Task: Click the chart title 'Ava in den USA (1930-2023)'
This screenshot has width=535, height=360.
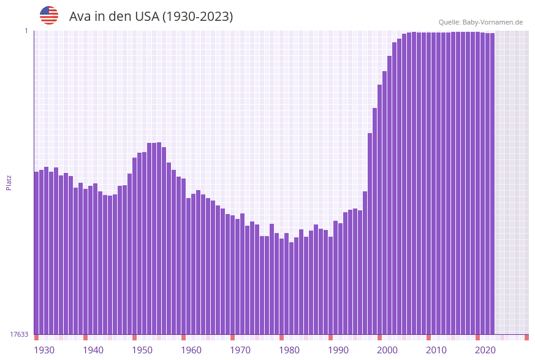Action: (x=151, y=17)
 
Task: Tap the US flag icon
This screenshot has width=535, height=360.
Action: (x=49, y=15)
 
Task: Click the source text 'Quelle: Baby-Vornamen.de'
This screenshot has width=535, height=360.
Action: (x=480, y=22)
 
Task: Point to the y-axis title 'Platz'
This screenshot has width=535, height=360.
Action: (x=9, y=182)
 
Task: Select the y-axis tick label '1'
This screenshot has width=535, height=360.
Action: (x=26, y=31)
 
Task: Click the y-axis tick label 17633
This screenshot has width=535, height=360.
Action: (x=19, y=334)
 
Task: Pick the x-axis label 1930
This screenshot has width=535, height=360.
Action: (x=44, y=350)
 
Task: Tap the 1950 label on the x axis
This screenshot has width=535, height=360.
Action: (x=142, y=350)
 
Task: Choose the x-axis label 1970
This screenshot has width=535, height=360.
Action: (x=240, y=350)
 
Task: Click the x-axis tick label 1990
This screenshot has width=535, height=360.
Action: (x=338, y=350)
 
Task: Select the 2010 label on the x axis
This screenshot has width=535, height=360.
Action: (x=436, y=350)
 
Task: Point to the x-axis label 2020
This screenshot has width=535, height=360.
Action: (x=485, y=350)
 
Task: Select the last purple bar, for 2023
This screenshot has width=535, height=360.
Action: (x=492, y=184)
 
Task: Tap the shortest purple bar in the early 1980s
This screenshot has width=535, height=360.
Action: (x=292, y=288)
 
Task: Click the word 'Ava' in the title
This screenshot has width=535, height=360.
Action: (x=80, y=17)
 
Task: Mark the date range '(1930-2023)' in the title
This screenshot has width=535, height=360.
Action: (x=197, y=17)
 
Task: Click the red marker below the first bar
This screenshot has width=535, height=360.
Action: (x=37, y=337)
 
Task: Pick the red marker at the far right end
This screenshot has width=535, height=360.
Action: (x=526, y=337)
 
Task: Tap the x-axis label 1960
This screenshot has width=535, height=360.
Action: (x=191, y=350)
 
